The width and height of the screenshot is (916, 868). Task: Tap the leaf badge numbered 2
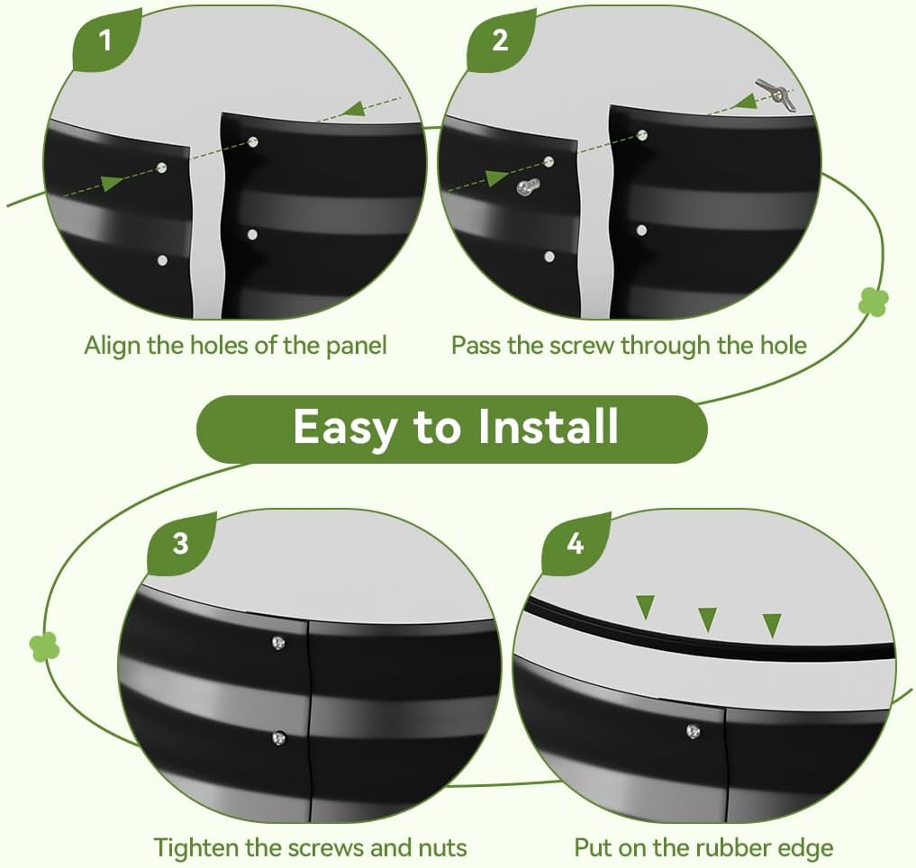500,41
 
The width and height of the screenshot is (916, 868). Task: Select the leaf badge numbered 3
180,543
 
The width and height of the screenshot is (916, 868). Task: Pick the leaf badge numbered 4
576,543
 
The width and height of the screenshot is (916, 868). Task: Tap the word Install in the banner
548,427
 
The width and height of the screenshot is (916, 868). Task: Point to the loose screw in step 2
528,187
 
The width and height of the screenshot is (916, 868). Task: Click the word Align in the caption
113,346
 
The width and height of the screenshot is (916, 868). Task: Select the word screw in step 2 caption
583,345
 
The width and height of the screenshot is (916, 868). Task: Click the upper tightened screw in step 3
278,643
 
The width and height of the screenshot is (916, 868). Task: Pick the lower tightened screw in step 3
278,738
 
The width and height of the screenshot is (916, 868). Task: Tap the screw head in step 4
694,731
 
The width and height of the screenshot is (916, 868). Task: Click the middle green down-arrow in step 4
708,619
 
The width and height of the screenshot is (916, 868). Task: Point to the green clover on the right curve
874,302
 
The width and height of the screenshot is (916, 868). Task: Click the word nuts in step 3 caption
443,847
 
